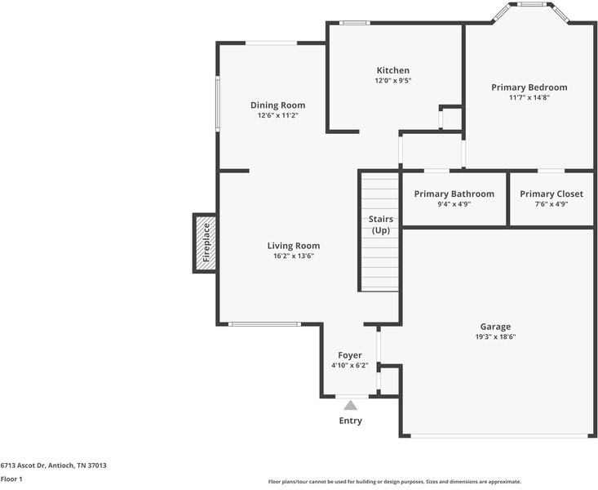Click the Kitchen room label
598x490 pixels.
pyautogui.click(x=392, y=70)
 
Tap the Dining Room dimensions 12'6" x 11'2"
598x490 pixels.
pyautogui.click(x=277, y=115)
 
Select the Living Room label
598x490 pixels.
pyautogui.click(x=293, y=246)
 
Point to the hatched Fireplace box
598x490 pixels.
pyautogui.click(x=206, y=243)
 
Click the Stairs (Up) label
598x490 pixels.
pyautogui.click(x=381, y=225)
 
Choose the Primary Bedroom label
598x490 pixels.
pyautogui.click(x=529, y=87)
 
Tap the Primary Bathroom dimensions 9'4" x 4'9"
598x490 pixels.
pyautogui.click(x=454, y=204)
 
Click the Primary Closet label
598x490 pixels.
pyautogui.click(x=551, y=194)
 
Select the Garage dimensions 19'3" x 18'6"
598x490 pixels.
pyautogui.click(x=495, y=336)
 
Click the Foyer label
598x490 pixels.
pyautogui.click(x=350, y=355)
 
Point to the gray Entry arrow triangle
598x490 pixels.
pyautogui.click(x=350, y=405)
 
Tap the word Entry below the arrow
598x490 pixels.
pyautogui.click(x=350, y=421)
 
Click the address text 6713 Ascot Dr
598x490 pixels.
pyautogui.click(x=24, y=465)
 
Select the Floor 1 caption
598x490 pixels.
pyautogui.click(x=11, y=479)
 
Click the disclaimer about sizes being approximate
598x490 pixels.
pyautogui.click(x=395, y=482)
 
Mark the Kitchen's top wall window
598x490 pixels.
pyautogui.click(x=354, y=23)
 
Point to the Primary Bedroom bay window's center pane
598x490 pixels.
pyautogui.click(x=531, y=4)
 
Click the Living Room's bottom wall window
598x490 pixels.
pyautogui.click(x=264, y=324)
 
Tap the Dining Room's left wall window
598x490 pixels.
pyautogui.click(x=218, y=104)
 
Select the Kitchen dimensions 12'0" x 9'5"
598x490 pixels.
pyautogui.click(x=392, y=81)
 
